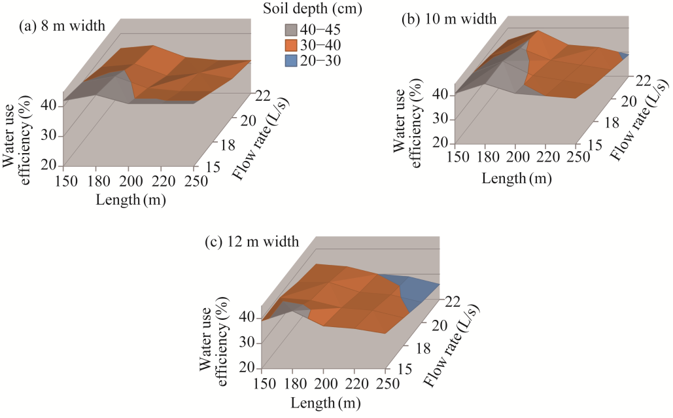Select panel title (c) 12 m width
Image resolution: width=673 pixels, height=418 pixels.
tap(252, 242)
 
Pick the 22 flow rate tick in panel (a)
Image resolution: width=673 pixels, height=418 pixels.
tap(263, 96)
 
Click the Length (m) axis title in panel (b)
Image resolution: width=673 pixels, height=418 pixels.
tap(516, 178)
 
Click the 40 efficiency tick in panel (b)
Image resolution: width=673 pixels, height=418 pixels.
tap(439, 94)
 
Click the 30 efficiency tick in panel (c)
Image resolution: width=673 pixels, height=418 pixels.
tap(247, 343)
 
